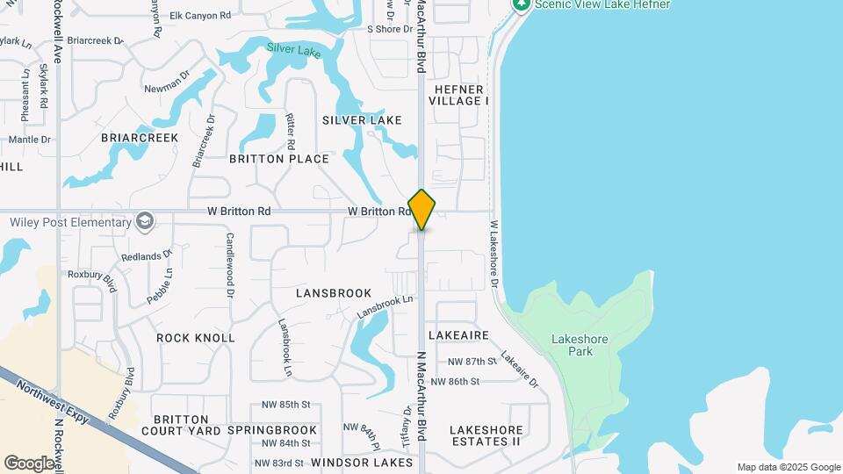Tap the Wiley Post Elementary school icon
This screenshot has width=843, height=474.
point(146,221)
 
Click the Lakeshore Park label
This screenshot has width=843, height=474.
point(573,345)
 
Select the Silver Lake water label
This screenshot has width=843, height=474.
point(294,51)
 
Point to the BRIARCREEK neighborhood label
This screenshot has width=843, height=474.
point(140,138)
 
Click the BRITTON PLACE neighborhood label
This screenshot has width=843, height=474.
point(279,159)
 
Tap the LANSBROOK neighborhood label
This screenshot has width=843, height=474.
point(334,292)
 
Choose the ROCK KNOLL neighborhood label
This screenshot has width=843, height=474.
point(196,338)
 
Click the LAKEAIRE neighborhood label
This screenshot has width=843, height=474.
point(458,335)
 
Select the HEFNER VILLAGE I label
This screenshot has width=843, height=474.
point(458,95)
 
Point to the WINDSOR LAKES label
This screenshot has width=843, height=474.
point(362,462)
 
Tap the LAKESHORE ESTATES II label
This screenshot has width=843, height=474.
point(486,435)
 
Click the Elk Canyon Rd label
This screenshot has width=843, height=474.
point(200,16)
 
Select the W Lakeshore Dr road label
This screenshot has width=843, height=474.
point(494,255)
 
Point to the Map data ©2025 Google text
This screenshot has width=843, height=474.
point(789,467)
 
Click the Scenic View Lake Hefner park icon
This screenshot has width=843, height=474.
point(522,4)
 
